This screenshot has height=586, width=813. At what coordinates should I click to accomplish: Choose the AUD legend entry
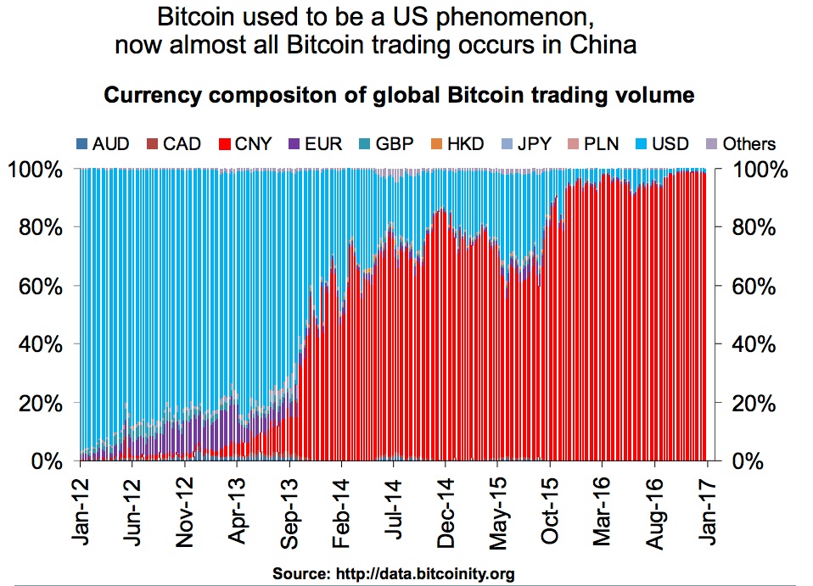click(104, 143)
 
